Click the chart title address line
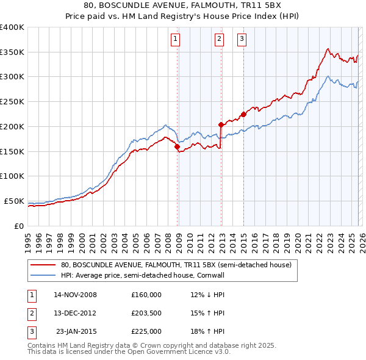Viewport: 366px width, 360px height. click(x=182, y=6)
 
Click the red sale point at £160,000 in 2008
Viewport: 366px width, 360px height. click(x=177, y=146)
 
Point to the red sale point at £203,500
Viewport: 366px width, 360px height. click(x=221, y=124)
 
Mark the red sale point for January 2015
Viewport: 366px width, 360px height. click(x=243, y=114)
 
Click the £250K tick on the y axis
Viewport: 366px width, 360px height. click(x=12, y=102)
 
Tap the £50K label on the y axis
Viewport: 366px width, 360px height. click(x=14, y=201)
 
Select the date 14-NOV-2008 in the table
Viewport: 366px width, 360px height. click(x=75, y=295)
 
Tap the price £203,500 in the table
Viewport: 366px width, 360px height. click(x=146, y=313)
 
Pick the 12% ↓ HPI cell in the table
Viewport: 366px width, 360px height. click(x=207, y=295)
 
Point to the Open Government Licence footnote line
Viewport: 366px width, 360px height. click(x=129, y=351)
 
